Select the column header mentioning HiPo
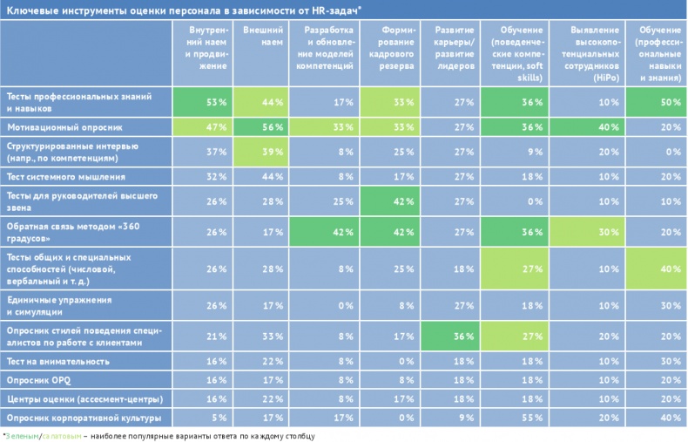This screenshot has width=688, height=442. pyautogui.click(x=591, y=53)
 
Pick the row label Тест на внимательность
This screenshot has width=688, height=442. pyautogui.click(x=57, y=361)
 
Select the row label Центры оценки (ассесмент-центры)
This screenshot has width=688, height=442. pyautogui.click(x=84, y=398)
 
